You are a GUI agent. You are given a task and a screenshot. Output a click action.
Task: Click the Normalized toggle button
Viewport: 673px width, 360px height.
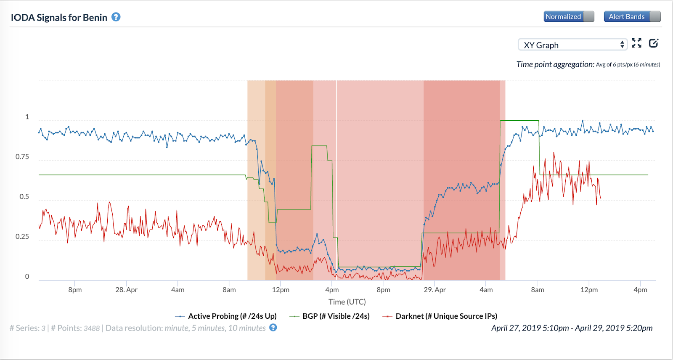click(x=569, y=17)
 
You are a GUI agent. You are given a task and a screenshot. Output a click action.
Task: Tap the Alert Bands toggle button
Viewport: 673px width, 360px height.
click(x=632, y=17)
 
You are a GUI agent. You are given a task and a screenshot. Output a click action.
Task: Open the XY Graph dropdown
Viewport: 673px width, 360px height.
click(x=572, y=45)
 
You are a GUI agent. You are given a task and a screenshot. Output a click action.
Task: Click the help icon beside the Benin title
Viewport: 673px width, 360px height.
click(x=116, y=17)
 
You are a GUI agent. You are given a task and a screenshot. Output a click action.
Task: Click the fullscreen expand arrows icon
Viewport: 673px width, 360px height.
click(x=636, y=43)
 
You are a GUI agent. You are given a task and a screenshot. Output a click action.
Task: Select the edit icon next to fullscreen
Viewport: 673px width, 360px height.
click(x=653, y=43)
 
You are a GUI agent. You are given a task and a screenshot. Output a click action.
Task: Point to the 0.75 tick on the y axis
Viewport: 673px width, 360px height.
click(x=22, y=157)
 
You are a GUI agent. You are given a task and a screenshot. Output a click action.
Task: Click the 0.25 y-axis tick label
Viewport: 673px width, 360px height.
click(x=22, y=237)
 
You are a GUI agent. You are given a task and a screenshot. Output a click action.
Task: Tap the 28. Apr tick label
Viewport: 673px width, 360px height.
click(x=126, y=290)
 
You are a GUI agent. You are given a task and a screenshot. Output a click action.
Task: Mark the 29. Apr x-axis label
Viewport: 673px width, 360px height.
click(x=435, y=290)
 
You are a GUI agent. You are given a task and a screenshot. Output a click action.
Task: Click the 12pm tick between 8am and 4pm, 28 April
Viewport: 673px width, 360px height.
click(x=281, y=290)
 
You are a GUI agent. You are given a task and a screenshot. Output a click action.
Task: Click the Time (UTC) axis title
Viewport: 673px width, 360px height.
click(x=347, y=302)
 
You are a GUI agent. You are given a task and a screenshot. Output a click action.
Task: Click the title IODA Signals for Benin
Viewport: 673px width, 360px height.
click(x=59, y=18)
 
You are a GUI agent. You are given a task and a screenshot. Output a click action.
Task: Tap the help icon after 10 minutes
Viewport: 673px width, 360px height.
click(x=273, y=328)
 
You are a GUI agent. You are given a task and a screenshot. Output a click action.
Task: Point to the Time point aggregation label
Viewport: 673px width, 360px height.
click(x=555, y=64)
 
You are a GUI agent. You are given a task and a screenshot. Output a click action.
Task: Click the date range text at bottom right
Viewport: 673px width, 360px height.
click(x=572, y=328)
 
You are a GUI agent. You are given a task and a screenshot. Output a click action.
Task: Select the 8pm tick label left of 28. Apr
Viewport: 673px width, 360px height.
click(x=75, y=290)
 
